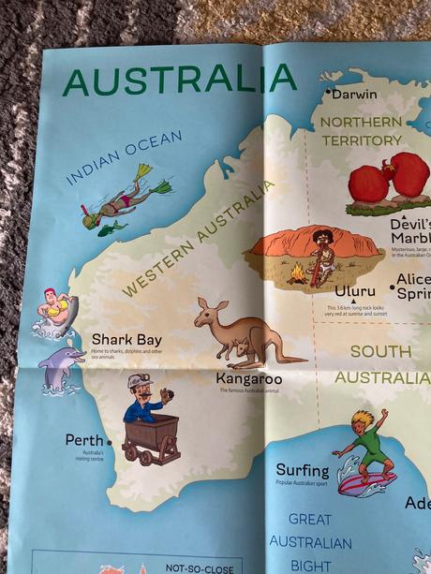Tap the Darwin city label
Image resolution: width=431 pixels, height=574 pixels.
(354, 94)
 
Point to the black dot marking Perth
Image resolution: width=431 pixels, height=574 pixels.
(110, 441)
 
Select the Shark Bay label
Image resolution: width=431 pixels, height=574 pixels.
(126, 339)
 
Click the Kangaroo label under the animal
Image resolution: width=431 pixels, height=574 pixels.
(248, 379)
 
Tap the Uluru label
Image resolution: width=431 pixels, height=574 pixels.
(355, 291)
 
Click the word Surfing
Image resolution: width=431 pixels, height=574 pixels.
(302, 470)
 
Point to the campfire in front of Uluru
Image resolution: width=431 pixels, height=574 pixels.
(297, 273)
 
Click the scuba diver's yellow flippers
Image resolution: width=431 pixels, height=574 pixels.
(150, 178)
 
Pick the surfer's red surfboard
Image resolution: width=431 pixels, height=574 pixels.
(365, 484)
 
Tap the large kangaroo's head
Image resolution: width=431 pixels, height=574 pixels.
(206, 310)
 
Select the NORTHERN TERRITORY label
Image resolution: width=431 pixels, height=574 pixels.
(361, 131)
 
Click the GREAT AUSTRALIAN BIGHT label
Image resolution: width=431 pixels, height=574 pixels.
(310, 542)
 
